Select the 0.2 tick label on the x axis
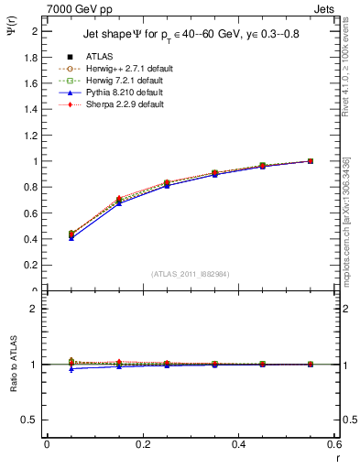pyautogui.click(x=143, y=444)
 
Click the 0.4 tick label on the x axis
pyautogui.click(x=239, y=444)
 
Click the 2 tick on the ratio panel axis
pyautogui.click(x=35, y=309)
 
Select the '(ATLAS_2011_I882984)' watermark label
pyautogui.click(x=191, y=274)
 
